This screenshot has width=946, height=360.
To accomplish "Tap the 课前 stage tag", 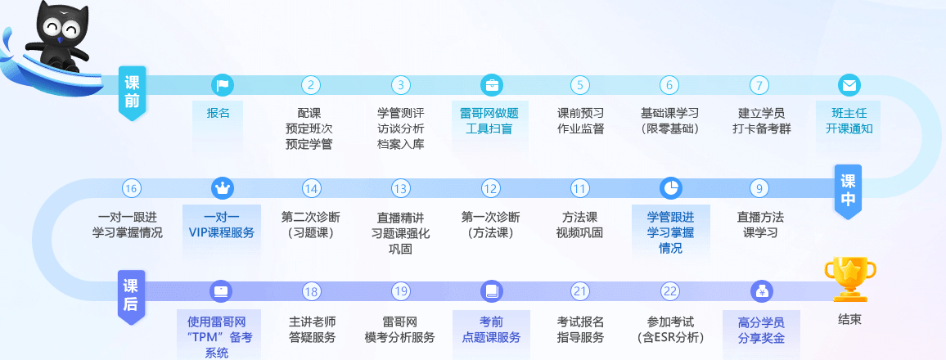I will [132, 92].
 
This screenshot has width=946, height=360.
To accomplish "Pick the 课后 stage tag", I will [132, 295].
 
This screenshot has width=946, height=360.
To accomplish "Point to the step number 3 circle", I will [400, 85].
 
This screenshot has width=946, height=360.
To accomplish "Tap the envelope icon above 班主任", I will [849, 85].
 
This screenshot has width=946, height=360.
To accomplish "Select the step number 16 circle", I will [132, 188].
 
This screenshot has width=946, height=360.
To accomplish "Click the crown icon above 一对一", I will [222, 188].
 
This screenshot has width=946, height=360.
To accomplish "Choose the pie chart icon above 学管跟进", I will [670, 188].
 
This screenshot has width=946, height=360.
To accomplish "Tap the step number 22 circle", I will [670, 291].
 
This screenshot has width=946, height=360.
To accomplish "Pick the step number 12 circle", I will [491, 188].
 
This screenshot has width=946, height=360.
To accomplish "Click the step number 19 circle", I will [400, 291].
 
